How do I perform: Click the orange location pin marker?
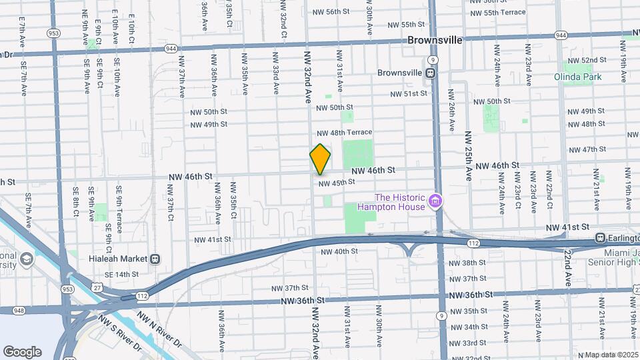point(320,159)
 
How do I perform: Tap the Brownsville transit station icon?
point(432,73)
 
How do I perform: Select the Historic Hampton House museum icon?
point(435,200)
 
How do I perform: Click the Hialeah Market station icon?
point(155,259)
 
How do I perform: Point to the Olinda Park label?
point(577,77)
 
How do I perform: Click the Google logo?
point(22,351)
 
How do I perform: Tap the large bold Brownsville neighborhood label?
point(435,40)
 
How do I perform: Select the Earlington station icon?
point(600,237)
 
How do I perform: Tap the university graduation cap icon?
point(27,259)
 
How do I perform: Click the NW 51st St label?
point(409,94)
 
